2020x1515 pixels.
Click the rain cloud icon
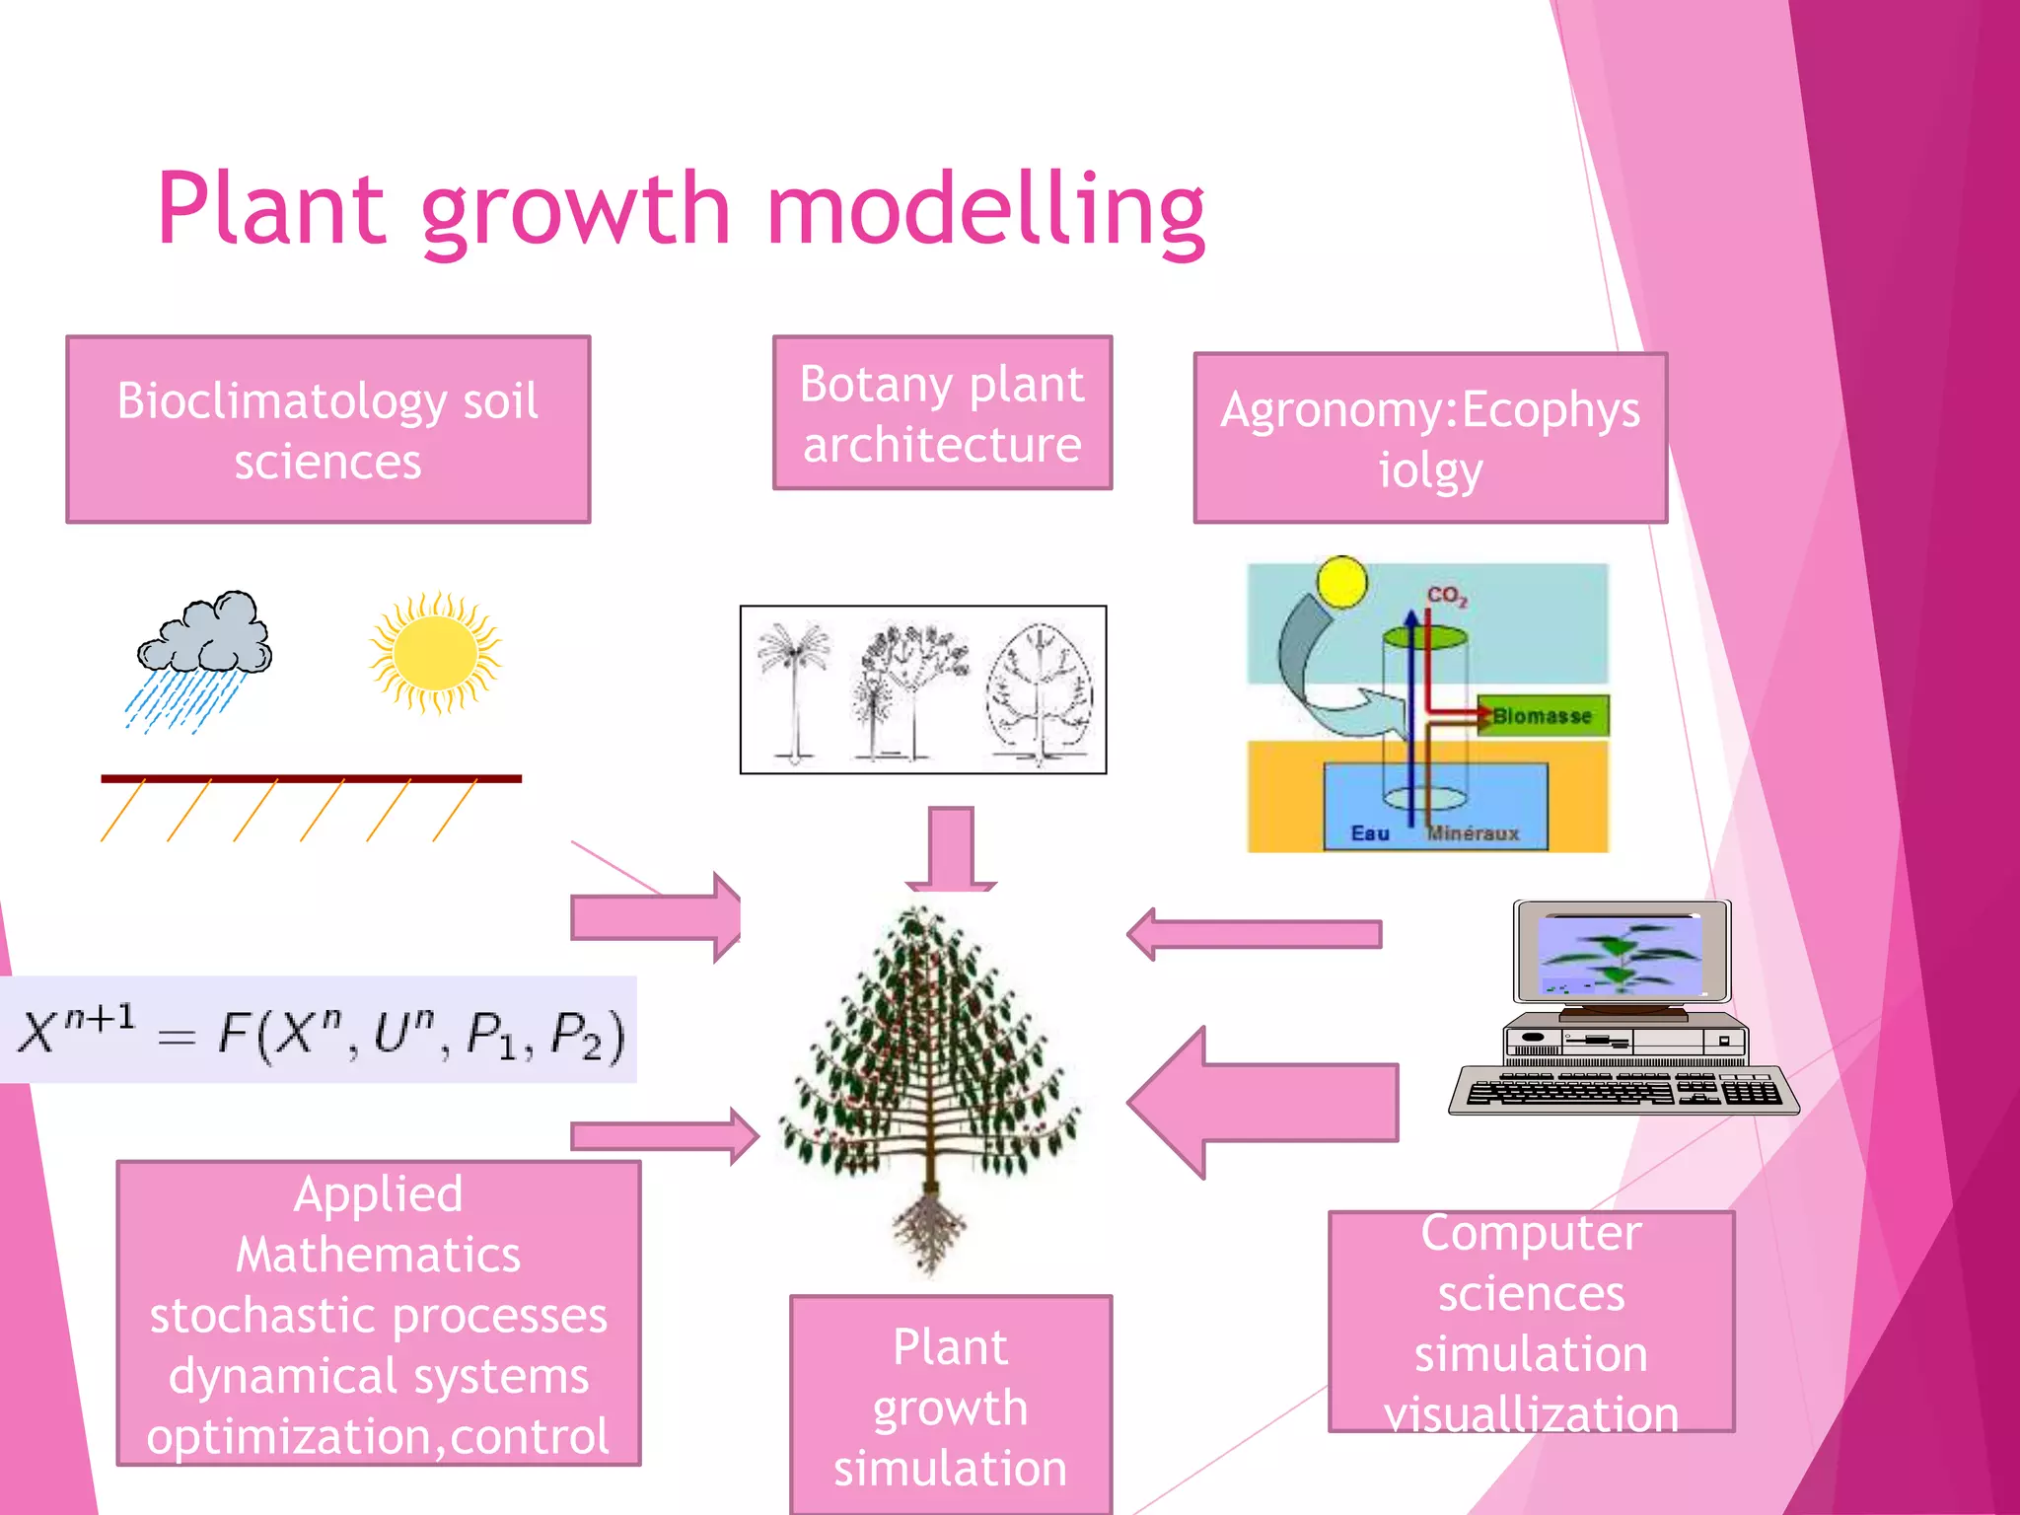[204, 635]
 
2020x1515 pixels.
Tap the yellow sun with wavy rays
[435, 652]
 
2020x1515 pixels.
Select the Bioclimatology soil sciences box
[327, 430]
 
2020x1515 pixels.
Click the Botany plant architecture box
[942, 413]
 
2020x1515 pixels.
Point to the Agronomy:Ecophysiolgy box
[1429, 438]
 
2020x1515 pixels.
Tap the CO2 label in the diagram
[1447, 596]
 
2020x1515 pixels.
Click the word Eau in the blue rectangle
[1369, 833]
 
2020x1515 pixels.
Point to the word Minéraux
[1474, 833]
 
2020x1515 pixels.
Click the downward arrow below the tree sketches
[951, 848]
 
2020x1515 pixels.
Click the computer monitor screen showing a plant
[1620, 954]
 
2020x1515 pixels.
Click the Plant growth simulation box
[951, 1406]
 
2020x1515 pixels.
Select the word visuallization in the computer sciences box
[1531, 1414]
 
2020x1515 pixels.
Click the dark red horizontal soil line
[311, 779]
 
